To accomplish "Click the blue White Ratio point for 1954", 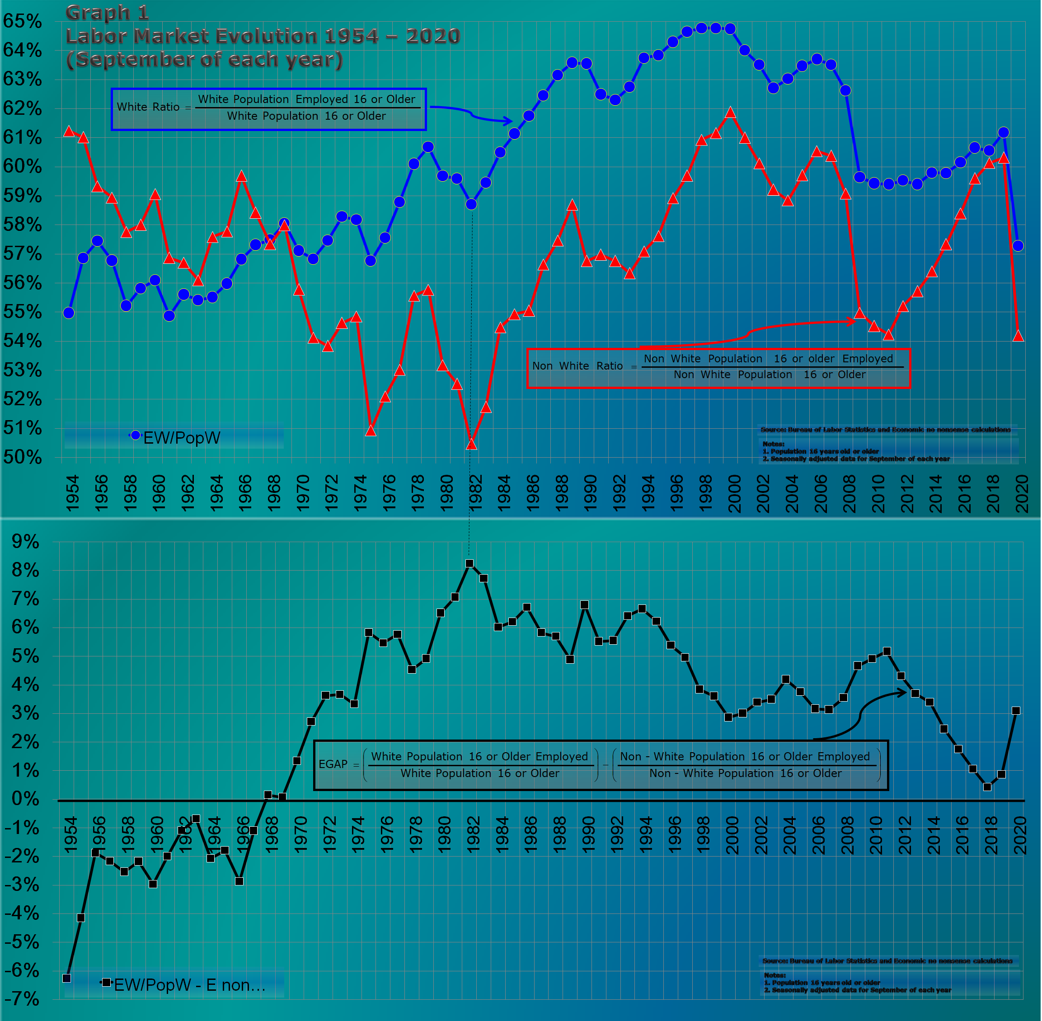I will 69,313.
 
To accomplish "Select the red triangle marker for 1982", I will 471,444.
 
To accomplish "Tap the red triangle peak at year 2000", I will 730,112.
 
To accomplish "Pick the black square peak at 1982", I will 469,563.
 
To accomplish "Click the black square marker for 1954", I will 66,978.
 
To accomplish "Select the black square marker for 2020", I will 1016,711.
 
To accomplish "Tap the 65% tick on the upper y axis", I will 23,21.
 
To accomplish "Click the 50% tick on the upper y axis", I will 23,457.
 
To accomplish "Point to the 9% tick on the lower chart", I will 26,541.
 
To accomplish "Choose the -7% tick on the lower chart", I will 23,998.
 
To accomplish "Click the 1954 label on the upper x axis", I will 72,492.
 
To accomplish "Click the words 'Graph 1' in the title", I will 107,12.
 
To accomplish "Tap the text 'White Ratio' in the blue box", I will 148,107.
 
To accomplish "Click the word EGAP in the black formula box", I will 333,763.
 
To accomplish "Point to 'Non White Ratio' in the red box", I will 577,366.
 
